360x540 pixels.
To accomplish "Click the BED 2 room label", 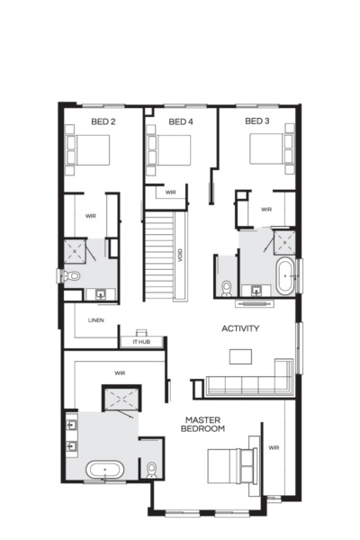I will (103, 121).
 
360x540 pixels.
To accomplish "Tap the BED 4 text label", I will (181, 121).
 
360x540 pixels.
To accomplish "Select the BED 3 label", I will (257, 121).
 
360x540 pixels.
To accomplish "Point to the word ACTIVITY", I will (240, 328).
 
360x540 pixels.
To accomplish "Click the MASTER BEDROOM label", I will (204, 425).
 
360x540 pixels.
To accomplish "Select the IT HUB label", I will (141, 341).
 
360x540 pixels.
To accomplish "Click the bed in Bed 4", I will (168, 149).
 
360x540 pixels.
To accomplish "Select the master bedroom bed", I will (230, 465).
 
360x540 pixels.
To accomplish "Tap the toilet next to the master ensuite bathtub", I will (151, 469).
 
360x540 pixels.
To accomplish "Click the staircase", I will (160, 256).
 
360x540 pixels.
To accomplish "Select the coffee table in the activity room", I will (240, 356).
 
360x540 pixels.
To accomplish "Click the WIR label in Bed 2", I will (91, 216).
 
